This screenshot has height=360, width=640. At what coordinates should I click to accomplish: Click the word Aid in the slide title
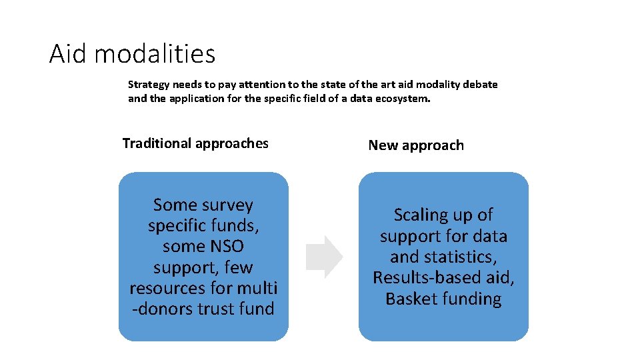point(69,53)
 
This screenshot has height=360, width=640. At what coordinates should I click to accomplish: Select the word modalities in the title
point(155,53)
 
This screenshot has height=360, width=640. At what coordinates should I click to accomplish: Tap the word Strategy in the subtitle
point(147,85)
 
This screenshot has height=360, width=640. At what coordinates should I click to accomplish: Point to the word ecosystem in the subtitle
point(403,98)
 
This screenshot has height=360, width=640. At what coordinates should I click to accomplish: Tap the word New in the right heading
point(383,145)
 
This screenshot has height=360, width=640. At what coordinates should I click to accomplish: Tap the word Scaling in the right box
point(421,215)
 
